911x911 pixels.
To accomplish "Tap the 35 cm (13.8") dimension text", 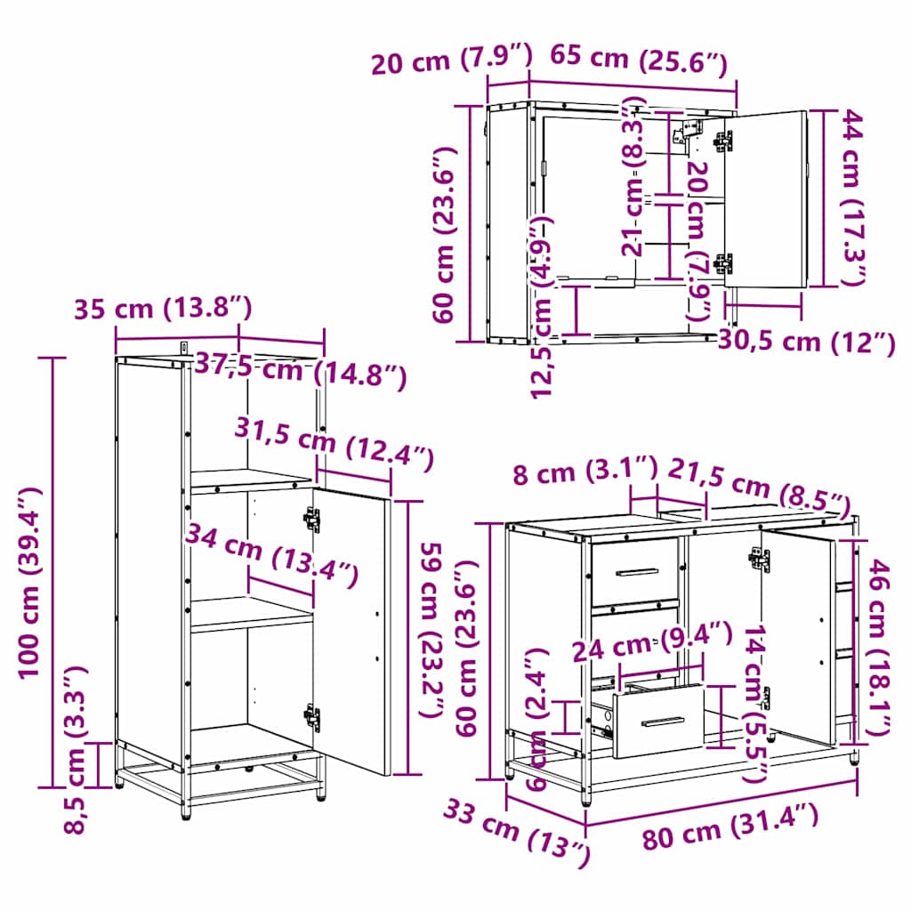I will (163, 309).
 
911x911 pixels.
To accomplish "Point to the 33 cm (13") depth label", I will (516, 831).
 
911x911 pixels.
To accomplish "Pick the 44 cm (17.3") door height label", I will (853, 198).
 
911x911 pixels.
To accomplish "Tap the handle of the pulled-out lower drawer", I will (659, 722).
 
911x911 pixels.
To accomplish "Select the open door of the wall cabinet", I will (765, 200).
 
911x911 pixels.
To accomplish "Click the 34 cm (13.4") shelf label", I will (270, 556).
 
